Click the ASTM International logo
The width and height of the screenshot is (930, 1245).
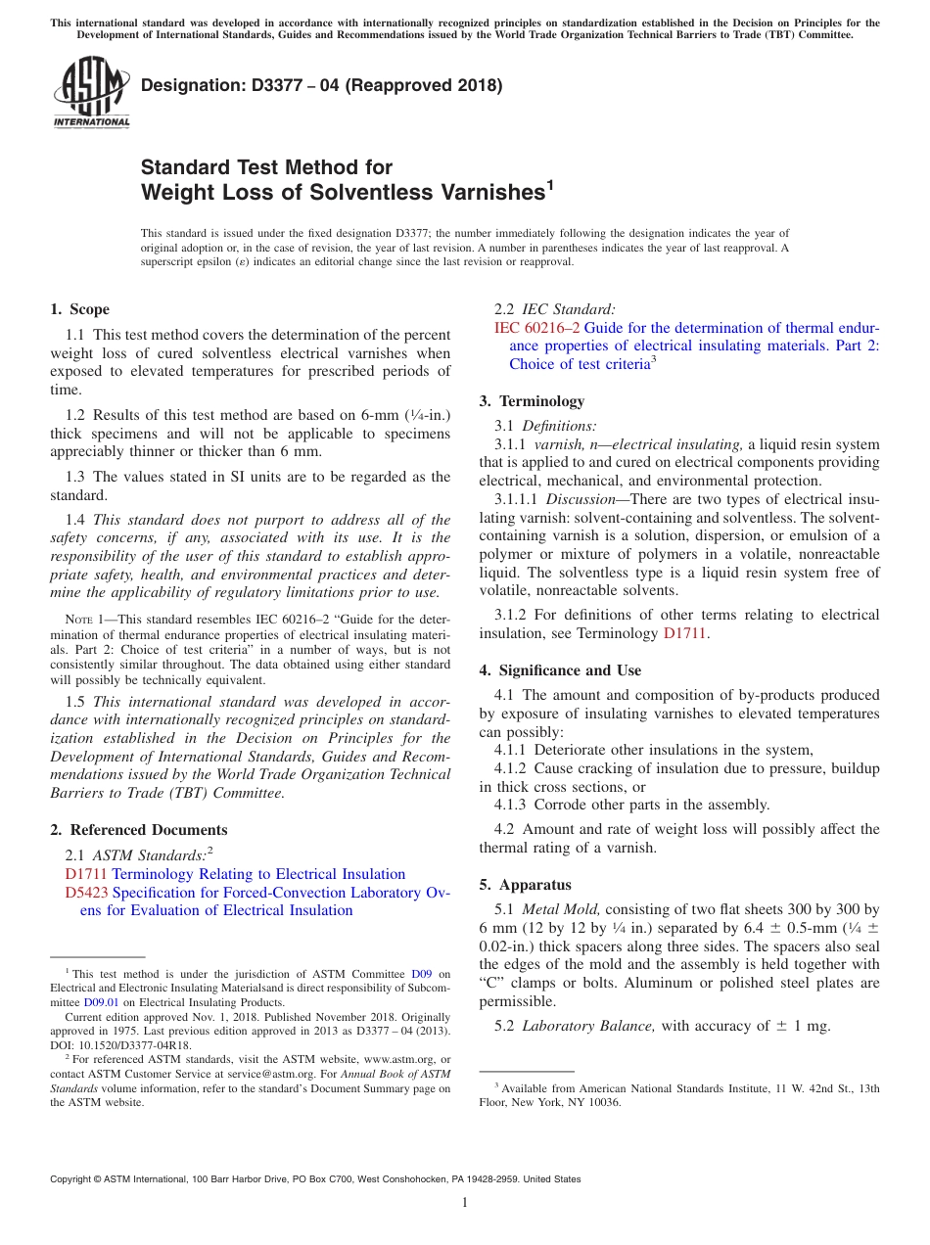point(90,92)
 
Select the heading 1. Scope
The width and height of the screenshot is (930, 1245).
point(79,309)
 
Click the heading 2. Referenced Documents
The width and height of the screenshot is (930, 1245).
point(138,830)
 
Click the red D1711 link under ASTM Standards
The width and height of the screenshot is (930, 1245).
point(86,874)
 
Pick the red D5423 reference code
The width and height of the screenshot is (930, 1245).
point(86,893)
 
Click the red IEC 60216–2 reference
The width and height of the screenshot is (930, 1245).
point(537,328)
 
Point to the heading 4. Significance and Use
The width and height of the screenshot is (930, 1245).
point(560,670)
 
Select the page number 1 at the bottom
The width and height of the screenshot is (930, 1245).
point(465,1202)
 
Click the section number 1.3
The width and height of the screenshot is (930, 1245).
point(75,477)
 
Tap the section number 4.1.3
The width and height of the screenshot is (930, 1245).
point(510,805)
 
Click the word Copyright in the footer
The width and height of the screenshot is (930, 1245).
point(71,1179)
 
